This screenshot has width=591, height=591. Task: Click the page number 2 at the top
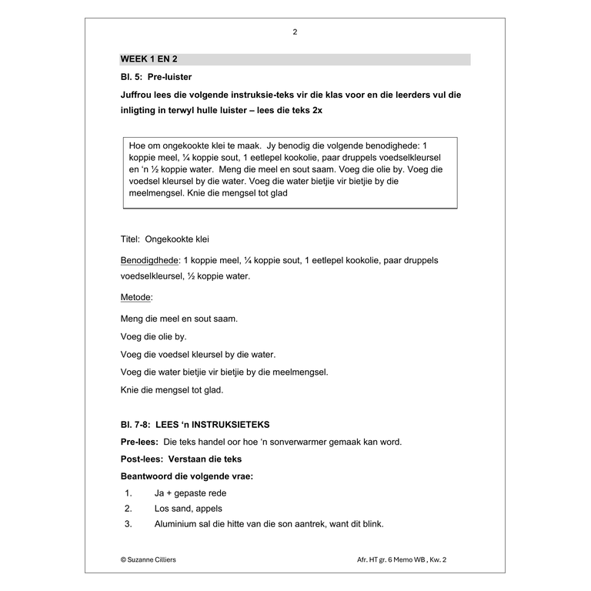295,32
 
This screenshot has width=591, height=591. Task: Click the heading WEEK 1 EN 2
154,59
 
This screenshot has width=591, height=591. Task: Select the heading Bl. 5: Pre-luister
156,77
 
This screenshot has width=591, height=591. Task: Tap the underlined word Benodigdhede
150,260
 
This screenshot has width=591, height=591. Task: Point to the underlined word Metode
136,297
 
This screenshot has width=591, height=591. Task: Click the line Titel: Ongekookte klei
165,239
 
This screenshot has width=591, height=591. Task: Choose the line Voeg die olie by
154,336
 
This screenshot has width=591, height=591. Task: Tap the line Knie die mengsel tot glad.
172,390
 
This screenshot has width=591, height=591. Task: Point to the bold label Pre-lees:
140,442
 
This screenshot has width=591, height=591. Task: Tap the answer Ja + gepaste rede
190,493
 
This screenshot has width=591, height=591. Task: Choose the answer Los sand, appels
188,509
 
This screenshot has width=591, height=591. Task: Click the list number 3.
129,524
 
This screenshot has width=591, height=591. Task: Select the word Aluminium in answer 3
176,524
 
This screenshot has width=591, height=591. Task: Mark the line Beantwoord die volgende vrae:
187,476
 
